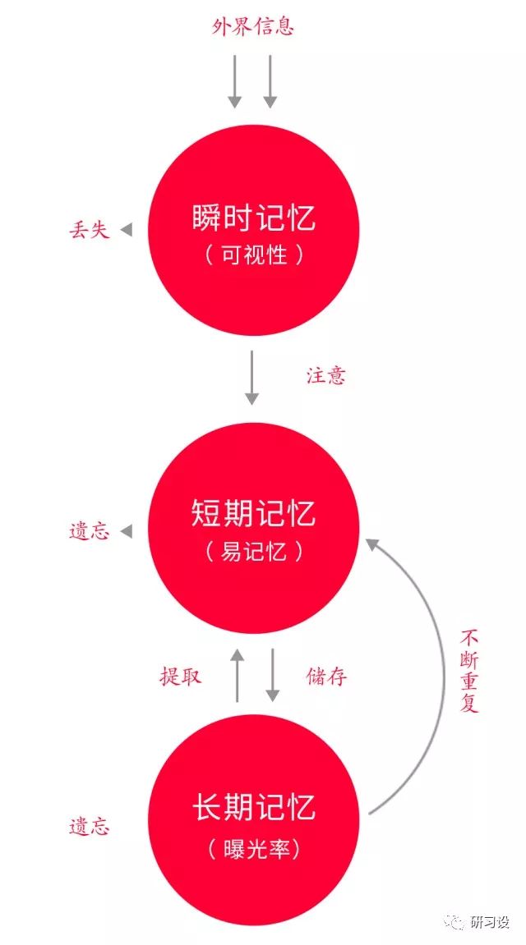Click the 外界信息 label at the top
253,27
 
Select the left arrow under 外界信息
235,81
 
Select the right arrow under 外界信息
270,81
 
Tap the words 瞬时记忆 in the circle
253,218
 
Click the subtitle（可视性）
253,255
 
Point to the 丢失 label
89,231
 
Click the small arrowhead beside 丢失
126,231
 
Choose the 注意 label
326,376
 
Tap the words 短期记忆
253,514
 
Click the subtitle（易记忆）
253,552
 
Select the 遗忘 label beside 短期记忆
89,532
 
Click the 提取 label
180,677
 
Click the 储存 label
326,677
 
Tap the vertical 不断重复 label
469,672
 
